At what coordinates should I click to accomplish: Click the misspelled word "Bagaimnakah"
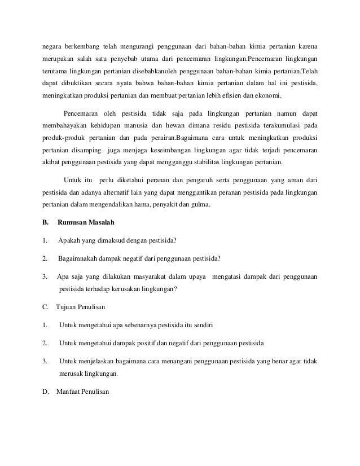(x=78, y=260)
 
